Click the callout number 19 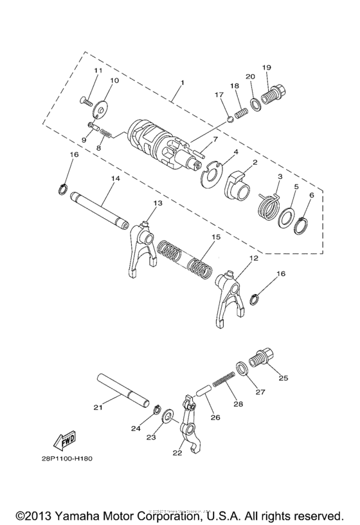[x=266, y=67]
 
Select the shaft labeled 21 [x=125, y=392]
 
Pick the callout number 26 [x=215, y=417]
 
